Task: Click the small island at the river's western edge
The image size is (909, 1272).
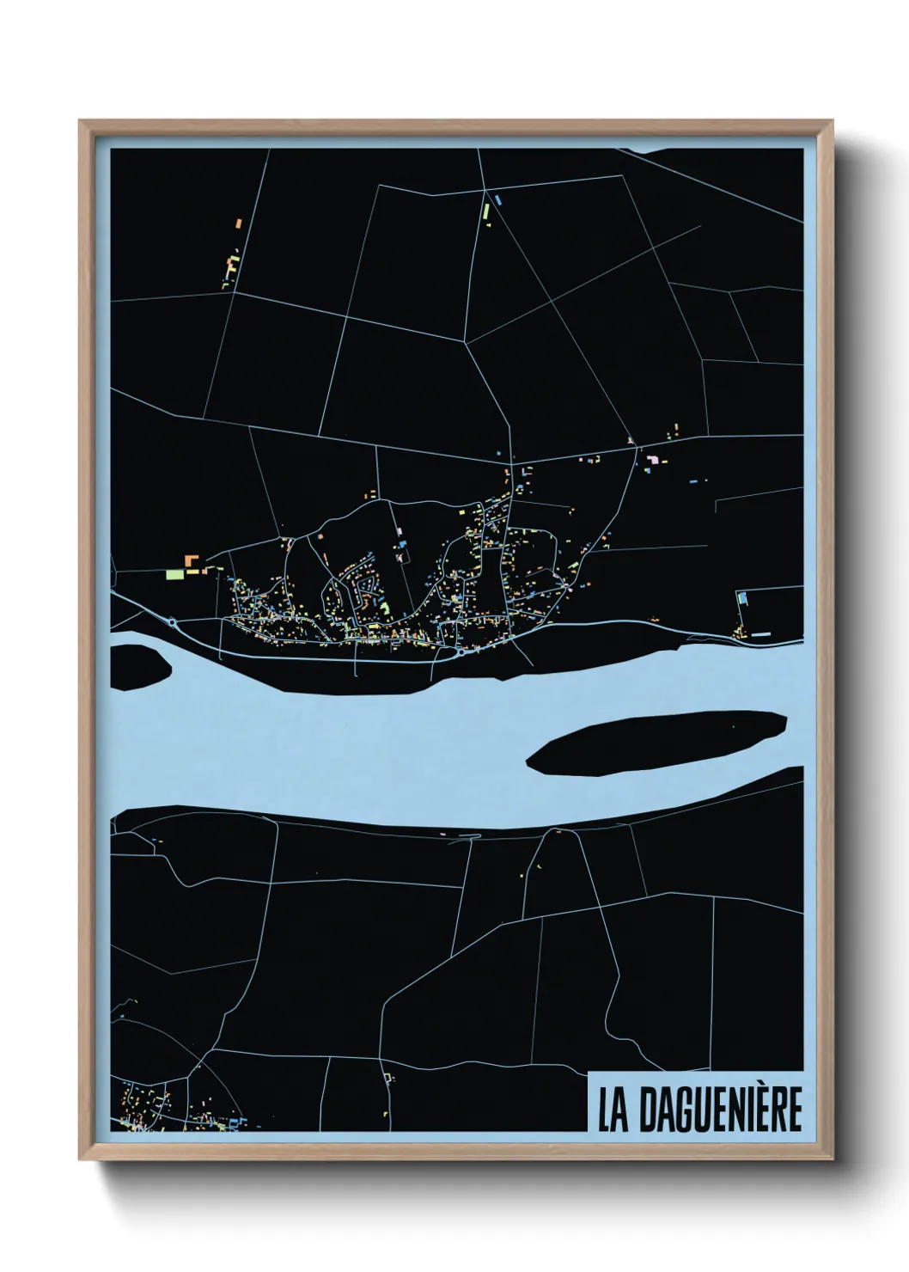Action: coord(138,664)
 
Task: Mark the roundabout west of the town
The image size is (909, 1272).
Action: coord(173,622)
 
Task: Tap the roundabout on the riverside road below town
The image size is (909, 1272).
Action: coord(461,652)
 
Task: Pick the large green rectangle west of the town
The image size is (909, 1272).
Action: coord(176,573)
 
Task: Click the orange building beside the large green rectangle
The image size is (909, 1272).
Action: coord(190,560)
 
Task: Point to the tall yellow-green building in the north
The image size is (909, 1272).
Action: coord(485,210)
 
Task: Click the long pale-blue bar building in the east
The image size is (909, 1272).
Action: coord(761,634)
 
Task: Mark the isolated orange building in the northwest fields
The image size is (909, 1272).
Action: coord(239,223)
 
